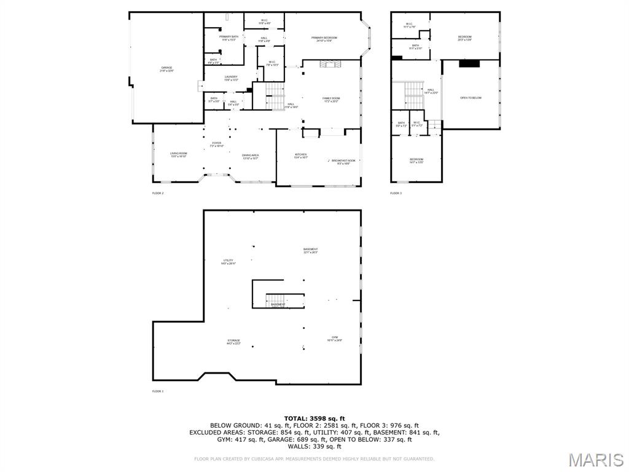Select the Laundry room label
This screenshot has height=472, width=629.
231,78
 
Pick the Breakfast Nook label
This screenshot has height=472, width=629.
343,162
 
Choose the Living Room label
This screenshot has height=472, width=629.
178,154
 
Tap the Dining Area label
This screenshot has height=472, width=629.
250,156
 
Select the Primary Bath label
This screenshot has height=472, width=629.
229,38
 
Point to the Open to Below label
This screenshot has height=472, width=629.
471,98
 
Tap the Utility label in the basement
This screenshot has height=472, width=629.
228,261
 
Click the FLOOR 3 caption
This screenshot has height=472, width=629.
396,193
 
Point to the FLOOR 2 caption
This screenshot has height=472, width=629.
158,193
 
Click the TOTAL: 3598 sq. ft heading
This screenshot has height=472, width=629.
314,419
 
